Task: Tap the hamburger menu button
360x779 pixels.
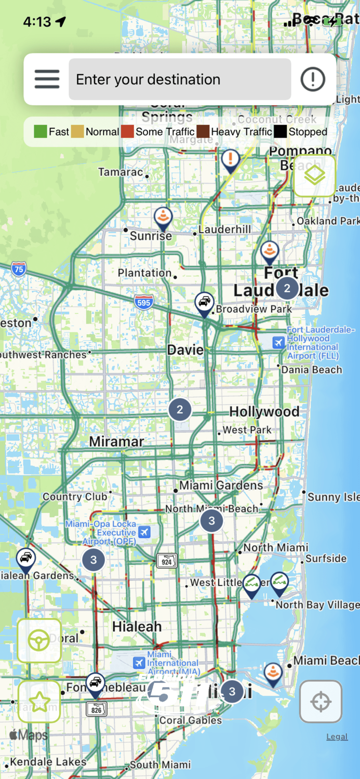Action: [47, 79]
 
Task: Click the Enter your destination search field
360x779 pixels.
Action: [180, 79]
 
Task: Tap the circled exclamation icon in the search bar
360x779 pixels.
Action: [313, 79]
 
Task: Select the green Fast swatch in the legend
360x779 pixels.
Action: [40, 132]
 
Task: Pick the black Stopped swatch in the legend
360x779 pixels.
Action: [281, 132]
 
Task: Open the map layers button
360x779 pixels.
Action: [314, 176]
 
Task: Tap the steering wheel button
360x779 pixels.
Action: [39, 641]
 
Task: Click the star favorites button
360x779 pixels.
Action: [39, 702]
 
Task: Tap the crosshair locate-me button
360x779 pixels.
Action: [321, 702]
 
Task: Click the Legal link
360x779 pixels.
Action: [337, 736]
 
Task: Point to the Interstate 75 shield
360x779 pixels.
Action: [19, 269]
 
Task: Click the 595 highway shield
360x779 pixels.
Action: [143, 302]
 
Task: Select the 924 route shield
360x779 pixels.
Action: [167, 561]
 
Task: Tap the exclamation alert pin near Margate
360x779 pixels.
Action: [230, 160]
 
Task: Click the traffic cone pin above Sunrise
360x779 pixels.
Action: [163, 218]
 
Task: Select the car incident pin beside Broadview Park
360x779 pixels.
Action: [205, 303]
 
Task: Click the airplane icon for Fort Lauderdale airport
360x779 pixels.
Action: [279, 342]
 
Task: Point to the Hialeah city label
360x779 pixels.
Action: [137, 626]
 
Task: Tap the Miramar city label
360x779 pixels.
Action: [116, 441]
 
